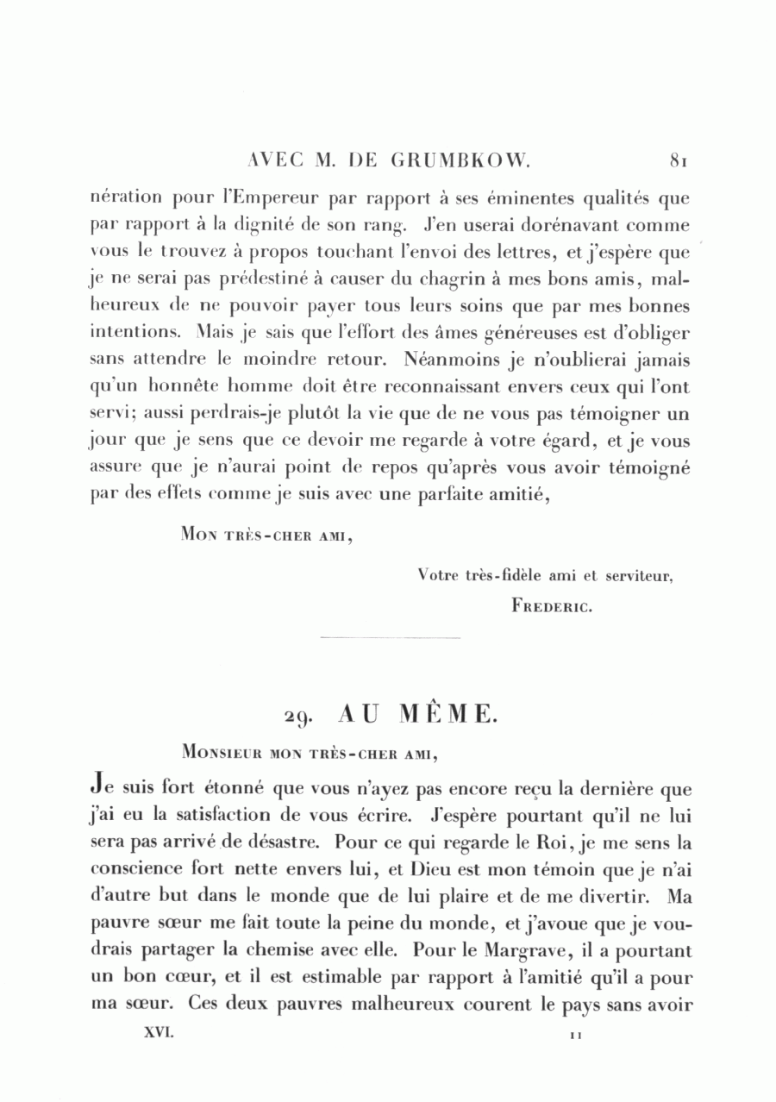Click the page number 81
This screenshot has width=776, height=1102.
point(678,160)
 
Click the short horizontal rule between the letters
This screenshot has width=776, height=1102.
point(390,638)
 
